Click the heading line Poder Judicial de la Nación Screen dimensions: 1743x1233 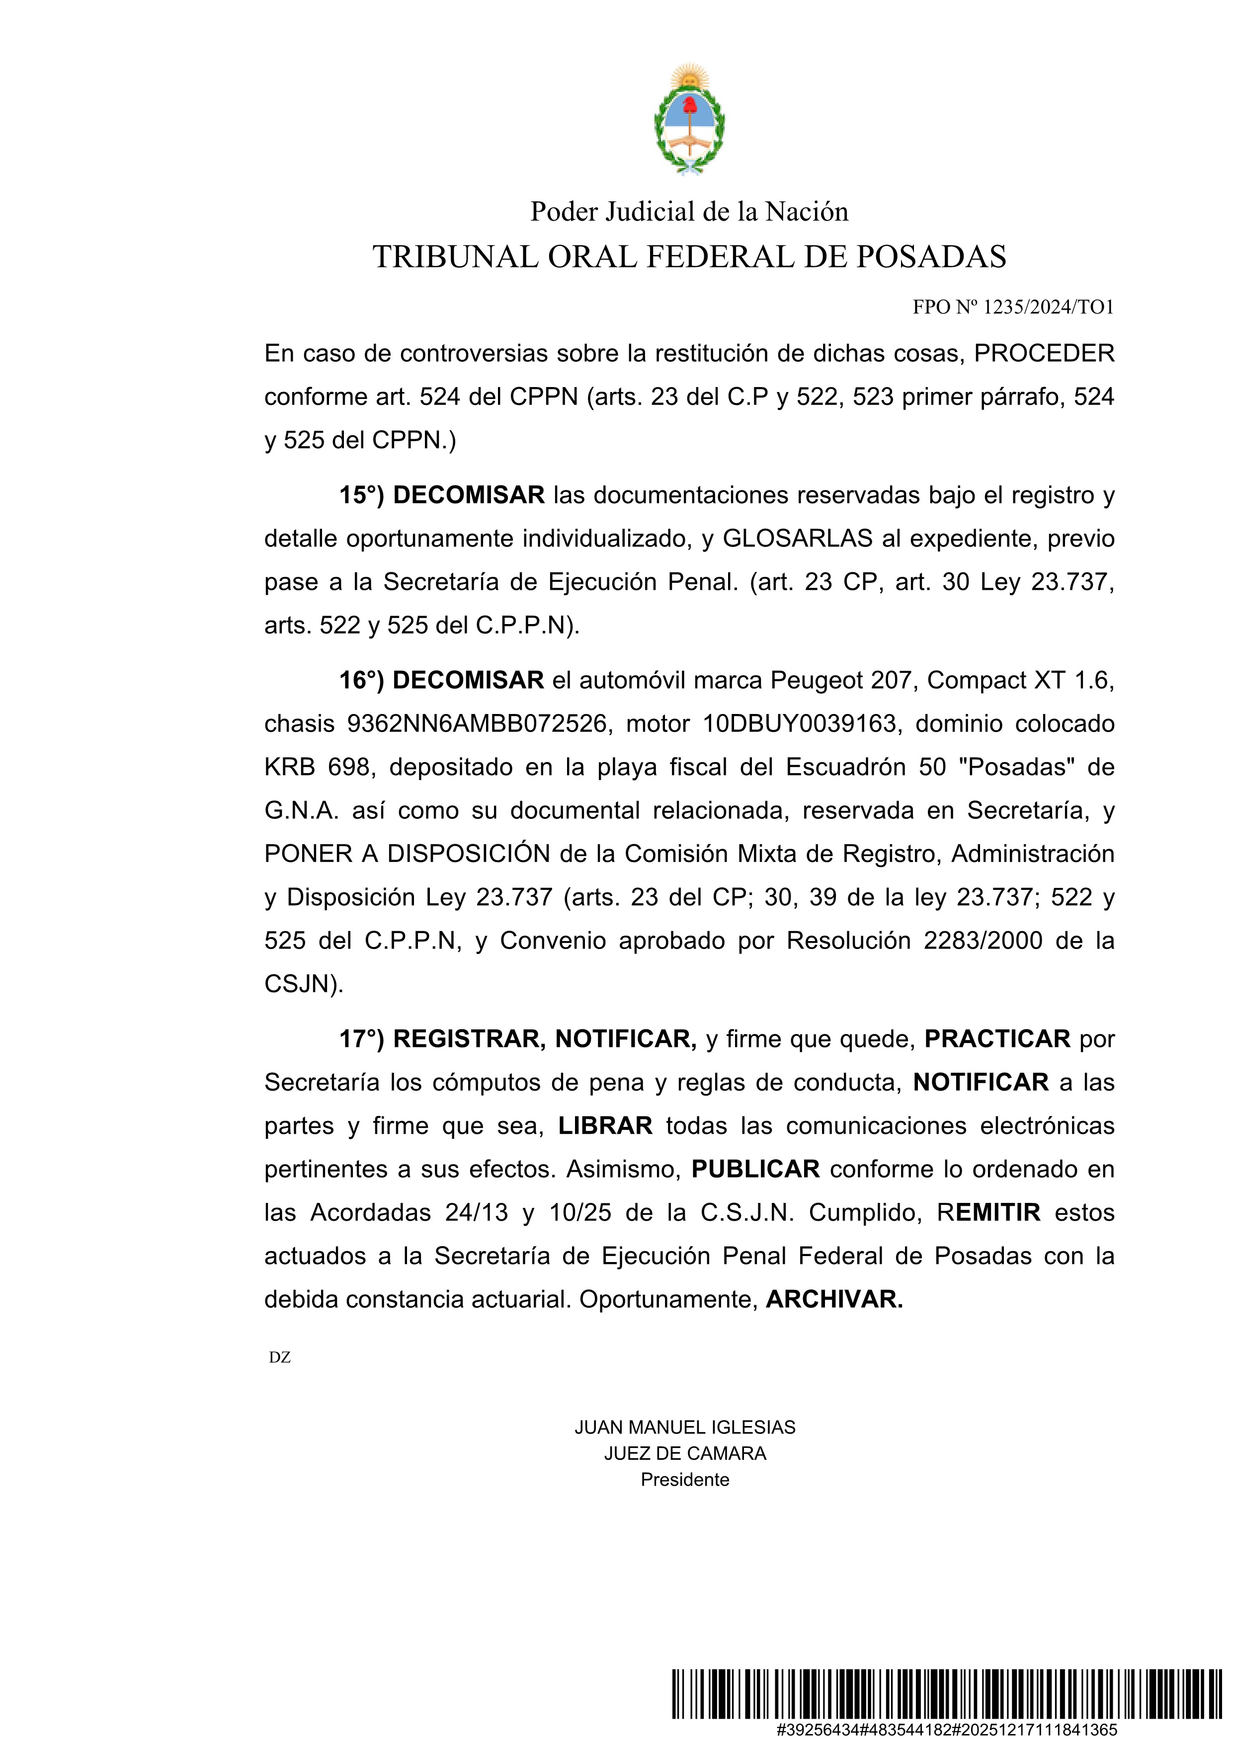pos(689,212)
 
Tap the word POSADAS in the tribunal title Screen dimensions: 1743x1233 pos(931,257)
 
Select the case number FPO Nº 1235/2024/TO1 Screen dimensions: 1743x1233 pos(1013,308)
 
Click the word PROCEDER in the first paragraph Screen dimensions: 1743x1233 pos(1044,354)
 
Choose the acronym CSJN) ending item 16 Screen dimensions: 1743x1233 pos(304,985)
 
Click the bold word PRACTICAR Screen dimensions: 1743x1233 pos(997,1039)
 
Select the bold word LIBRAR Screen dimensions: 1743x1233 pos(605,1126)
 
